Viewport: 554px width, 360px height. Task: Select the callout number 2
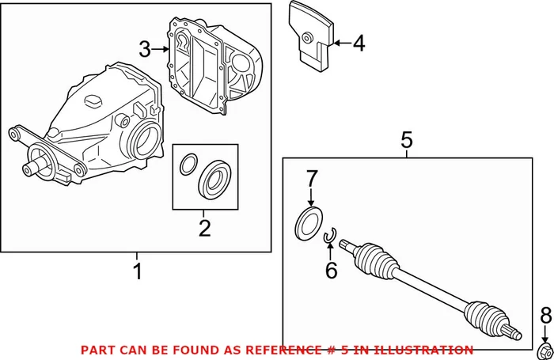tap(205, 229)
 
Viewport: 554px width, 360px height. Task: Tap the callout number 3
tap(144, 49)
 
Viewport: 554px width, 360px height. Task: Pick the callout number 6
tap(331, 270)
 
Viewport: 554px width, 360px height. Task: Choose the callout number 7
tap(311, 177)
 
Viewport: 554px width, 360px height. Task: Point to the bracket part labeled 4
tap(314, 36)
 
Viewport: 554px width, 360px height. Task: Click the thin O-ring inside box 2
tap(188, 165)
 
